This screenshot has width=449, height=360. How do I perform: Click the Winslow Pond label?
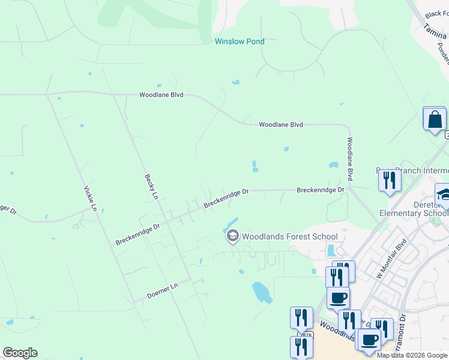(x=240, y=41)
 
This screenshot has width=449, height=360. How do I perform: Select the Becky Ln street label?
(x=151, y=187)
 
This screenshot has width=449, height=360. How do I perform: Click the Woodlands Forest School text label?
(x=290, y=236)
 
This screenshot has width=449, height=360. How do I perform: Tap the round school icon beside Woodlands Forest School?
(x=232, y=236)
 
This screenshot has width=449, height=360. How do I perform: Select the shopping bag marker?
(x=434, y=119)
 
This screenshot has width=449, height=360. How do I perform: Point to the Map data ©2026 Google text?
(x=412, y=355)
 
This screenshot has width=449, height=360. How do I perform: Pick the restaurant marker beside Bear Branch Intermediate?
(x=390, y=181)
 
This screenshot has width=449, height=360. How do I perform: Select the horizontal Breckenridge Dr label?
(x=321, y=190)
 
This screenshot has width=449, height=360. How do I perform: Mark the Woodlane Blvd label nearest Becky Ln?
(x=161, y=95)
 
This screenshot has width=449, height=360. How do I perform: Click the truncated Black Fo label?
(x=436, y=14)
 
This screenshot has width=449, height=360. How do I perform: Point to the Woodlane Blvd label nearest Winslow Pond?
(x=280, y=125)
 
